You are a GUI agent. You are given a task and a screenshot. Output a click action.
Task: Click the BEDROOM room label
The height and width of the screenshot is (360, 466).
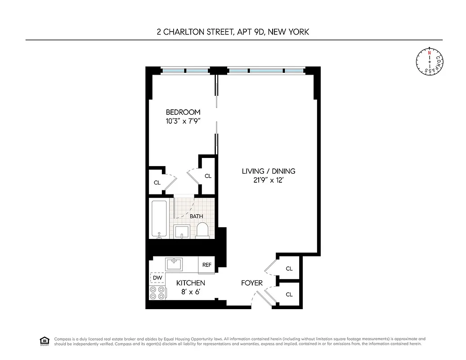[183, 112]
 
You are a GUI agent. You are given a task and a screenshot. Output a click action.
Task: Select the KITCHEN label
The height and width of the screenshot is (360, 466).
[190, 283]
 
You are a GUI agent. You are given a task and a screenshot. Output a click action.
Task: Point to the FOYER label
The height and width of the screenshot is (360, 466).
[252, 283]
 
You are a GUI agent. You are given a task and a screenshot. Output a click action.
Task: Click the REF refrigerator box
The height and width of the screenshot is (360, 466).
[207, 265]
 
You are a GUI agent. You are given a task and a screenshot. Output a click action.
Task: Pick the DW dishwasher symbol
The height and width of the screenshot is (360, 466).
[157, 278]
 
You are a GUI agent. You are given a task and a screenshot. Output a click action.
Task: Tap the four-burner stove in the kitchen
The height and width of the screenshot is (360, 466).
[157, 293]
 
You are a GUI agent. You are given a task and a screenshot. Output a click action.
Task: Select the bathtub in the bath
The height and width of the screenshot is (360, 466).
[159, 219]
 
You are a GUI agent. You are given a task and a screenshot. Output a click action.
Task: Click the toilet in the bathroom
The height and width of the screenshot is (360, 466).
[202, 230]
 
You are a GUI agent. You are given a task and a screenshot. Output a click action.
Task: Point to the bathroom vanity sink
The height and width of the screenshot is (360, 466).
[181, 231]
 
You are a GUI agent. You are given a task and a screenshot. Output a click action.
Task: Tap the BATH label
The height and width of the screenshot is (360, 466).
[196, 216]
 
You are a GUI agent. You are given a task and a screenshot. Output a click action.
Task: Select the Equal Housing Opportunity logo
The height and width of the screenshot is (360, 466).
[44, 340]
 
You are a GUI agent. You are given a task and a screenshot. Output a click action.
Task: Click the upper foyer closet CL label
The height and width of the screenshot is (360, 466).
[289, 269]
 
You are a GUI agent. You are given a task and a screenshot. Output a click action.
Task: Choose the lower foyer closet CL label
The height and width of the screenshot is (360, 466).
[289, 295]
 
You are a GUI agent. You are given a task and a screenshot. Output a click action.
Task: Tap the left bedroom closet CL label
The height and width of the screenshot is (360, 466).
[157, 183]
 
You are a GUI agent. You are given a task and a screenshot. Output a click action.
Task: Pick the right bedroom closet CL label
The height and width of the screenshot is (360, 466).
[208, 176]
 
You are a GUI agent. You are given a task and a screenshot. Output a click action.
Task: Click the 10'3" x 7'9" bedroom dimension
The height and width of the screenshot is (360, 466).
[183, 121]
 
